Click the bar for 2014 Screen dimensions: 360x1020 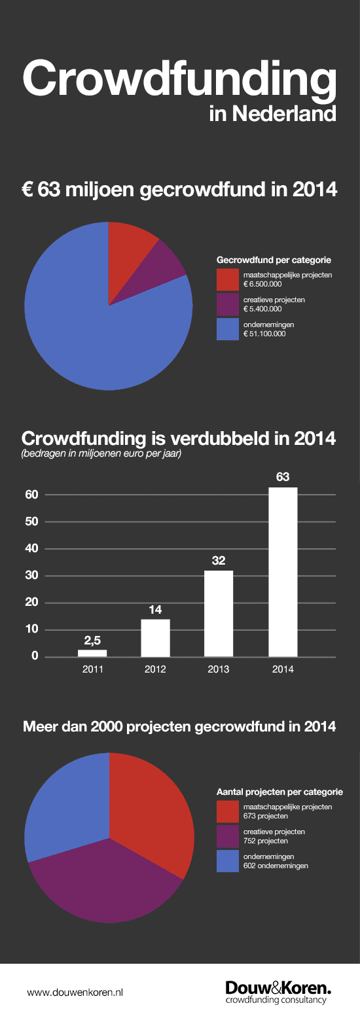pyautogui.click(x=283, y=572)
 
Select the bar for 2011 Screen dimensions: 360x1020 pyautogui.click(x=92, y=654)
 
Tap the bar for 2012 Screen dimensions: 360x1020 pyautogui.click(x=155, y=638)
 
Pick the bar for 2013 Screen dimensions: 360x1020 pyautogui.click(x=219, y=614)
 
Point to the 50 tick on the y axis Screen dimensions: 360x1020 pyautogui.click(x=32, y=521)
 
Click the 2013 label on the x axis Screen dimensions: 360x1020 pyautogui.click(x=219, y=669)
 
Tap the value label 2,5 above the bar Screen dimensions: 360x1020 pyautogui.click(x=92, y=641)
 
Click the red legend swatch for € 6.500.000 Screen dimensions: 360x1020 pyautogui.click(x=227, y=279)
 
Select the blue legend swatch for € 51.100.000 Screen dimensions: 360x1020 pyautogui.click(x=227, y=329)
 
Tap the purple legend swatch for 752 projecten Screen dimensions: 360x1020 pyautogui.click(x=227, y=836)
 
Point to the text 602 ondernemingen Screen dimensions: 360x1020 pyautogui.click(x=276, y=866)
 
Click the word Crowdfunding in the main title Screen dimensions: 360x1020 pyautogui.click(x=180, y=80)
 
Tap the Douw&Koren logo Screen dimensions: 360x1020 pyautogui.click(x=278, y=993)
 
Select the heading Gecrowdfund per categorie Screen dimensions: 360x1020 pyautogui.click(x=274, y=260)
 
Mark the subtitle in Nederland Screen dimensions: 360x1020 pyautogui.click(x=273, y=114)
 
